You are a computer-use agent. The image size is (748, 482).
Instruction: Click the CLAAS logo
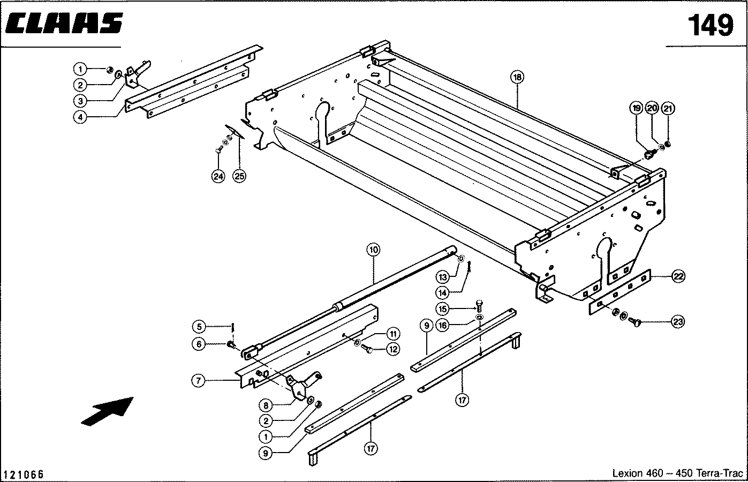point(64,24)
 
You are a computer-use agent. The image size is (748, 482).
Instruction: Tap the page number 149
point(711,25)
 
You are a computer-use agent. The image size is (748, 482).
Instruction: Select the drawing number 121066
point(24,475)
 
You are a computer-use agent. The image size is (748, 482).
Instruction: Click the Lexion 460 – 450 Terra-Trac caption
point(677,473)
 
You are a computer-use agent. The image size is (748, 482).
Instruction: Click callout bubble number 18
point(517,77)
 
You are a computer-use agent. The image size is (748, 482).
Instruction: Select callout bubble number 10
point(373,250)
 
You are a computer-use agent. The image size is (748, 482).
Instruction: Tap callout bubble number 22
point(678,276)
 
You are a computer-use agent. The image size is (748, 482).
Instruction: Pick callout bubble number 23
point(678,322)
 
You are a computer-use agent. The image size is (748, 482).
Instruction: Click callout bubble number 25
point(239,177)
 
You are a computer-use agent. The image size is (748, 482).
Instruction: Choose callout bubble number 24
point(218,177)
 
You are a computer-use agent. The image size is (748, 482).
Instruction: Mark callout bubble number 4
point(80,117)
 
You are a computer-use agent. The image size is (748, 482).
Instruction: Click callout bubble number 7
point(199,381)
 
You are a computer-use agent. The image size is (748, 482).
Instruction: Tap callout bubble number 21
point(668,109)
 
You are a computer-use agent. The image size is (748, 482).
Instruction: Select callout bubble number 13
point(442,277)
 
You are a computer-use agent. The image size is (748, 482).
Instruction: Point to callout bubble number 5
point(199,326)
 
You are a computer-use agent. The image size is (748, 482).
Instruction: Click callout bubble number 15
point(442,308)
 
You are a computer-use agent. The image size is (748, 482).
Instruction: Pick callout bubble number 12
point(394,349)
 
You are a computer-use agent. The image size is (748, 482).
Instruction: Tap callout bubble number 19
point(636,109)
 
